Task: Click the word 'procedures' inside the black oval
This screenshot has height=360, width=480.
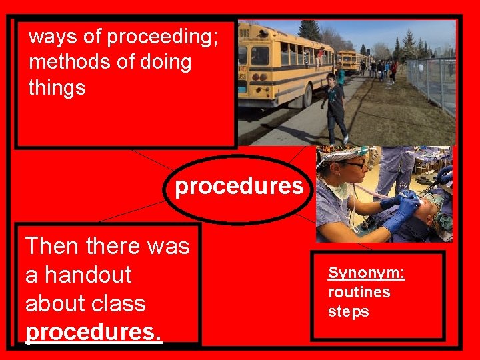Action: click(239, 186)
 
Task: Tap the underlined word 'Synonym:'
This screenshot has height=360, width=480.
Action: click(366, 273)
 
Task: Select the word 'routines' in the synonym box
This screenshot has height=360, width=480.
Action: click(359, 292)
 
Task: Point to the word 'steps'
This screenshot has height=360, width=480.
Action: click(348, 311)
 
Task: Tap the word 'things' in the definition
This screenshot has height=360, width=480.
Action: click(57, 87)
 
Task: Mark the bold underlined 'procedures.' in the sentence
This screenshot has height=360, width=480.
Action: click(93, 331)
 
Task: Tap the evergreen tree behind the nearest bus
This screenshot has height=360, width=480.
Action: click(309, 30)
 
